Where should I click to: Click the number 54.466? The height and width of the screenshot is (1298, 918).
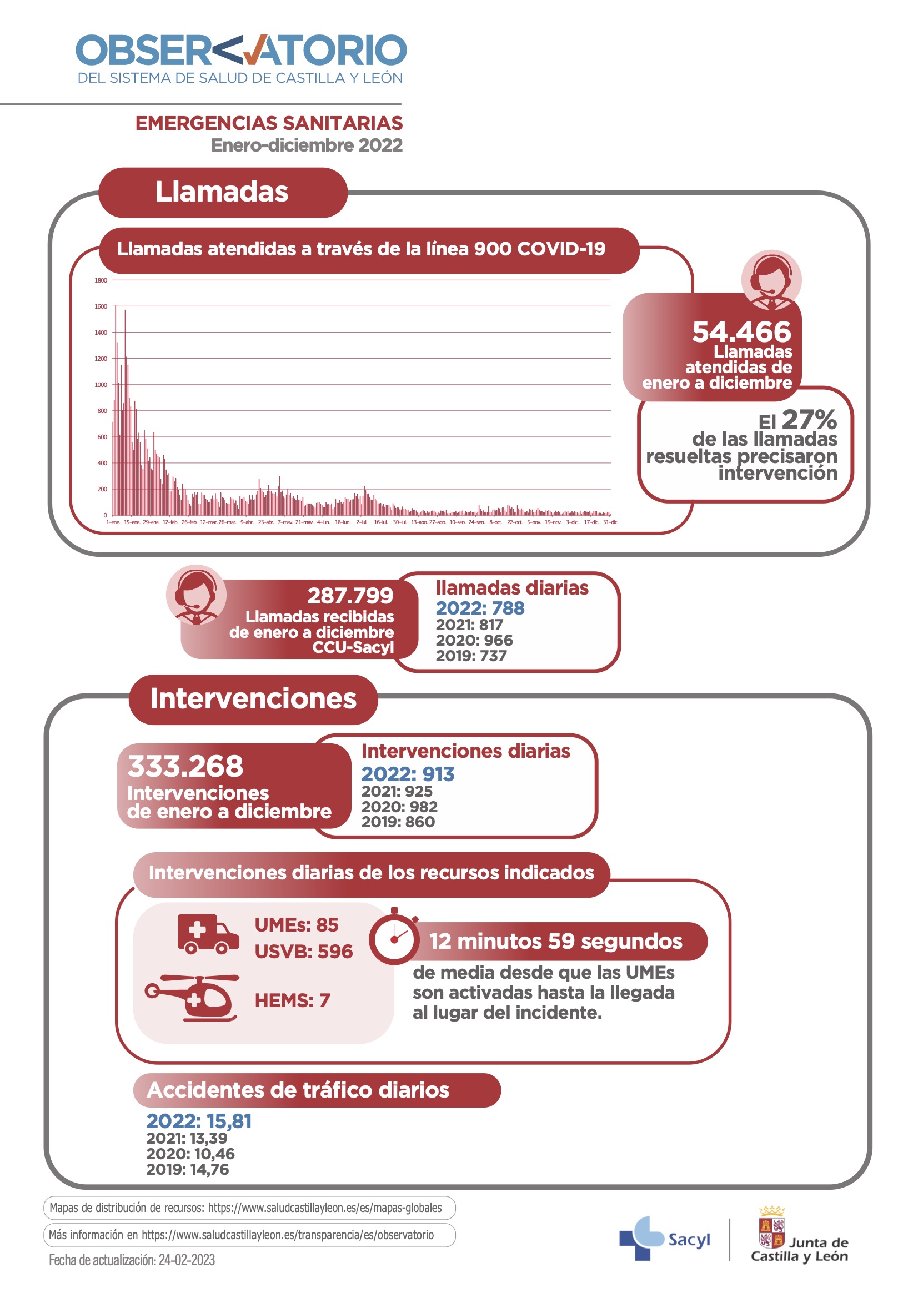point(741,332)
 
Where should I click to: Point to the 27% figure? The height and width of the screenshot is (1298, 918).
point(809,420)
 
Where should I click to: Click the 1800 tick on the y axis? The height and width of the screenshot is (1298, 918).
point(101,280)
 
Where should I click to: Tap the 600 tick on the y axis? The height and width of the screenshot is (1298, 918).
point(102,437)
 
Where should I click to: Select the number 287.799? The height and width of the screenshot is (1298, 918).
point(350,595)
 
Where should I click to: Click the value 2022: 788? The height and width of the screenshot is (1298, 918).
point(480,608)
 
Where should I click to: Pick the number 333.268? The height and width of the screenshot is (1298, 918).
point(185,766)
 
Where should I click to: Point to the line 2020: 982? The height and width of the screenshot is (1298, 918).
point(399,807)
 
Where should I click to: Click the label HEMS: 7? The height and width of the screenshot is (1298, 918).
point(292,1000)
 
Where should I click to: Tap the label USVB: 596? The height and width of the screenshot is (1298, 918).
point(303,952)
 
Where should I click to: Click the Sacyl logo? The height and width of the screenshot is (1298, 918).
point(664,1239)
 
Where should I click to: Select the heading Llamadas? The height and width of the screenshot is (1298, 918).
point(222,192)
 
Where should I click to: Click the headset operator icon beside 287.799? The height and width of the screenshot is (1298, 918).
point(195,595)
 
